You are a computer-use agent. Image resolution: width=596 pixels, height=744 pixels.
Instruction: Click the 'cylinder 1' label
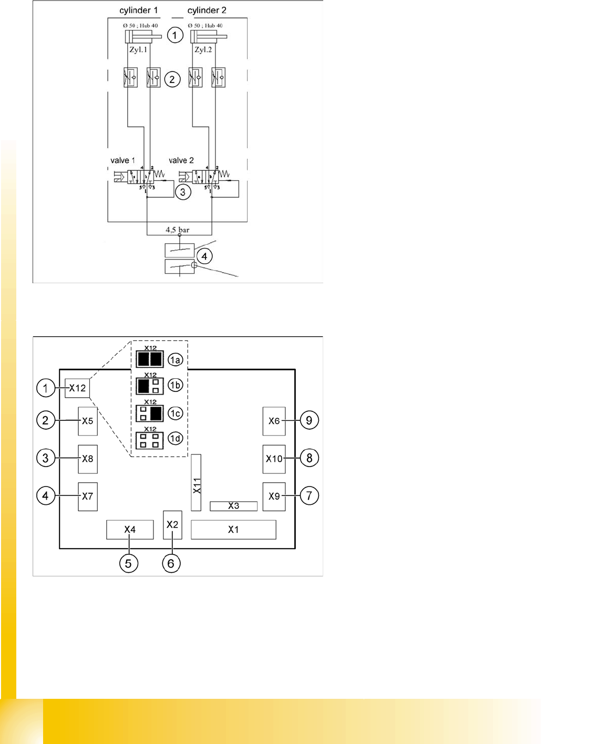pos(138,11)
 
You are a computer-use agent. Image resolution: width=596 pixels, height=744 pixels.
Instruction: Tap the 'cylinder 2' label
pos(207,11)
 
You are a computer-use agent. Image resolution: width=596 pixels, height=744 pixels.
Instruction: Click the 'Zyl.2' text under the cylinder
pos(203,50)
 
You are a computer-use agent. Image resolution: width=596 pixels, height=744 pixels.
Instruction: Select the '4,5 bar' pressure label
pos(177,230)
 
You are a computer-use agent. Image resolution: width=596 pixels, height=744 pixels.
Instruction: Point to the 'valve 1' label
pos(122,160)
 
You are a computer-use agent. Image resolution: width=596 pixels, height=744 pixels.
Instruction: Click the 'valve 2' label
pos(181,160)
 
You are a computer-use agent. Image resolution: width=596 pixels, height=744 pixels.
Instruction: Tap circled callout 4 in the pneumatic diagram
pos(204,256)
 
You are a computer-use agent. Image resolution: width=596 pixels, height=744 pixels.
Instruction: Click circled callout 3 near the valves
pos(183,192)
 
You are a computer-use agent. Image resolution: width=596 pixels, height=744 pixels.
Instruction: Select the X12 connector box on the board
pos(77,388)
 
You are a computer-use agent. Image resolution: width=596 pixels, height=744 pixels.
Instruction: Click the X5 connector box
pos(88,421)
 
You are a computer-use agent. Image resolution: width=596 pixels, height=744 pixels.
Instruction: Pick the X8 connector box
pos(88,459)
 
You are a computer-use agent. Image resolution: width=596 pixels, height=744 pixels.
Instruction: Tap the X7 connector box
pos(88,497)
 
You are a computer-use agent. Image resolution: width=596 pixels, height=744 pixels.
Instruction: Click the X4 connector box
pos(130,530)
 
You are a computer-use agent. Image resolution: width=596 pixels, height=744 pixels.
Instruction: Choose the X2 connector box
pos(172,525)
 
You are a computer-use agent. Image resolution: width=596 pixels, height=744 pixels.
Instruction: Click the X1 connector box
pos(233,530)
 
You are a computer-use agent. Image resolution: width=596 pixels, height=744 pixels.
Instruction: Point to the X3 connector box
pos(233,506)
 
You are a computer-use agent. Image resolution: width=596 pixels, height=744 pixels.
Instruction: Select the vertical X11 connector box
pos(196,483)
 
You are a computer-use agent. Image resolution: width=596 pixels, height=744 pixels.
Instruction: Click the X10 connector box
pos(274,459)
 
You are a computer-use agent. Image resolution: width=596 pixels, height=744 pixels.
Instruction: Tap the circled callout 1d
pos(175,439)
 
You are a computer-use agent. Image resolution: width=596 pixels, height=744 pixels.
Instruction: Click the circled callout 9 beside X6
pos(309,420)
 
